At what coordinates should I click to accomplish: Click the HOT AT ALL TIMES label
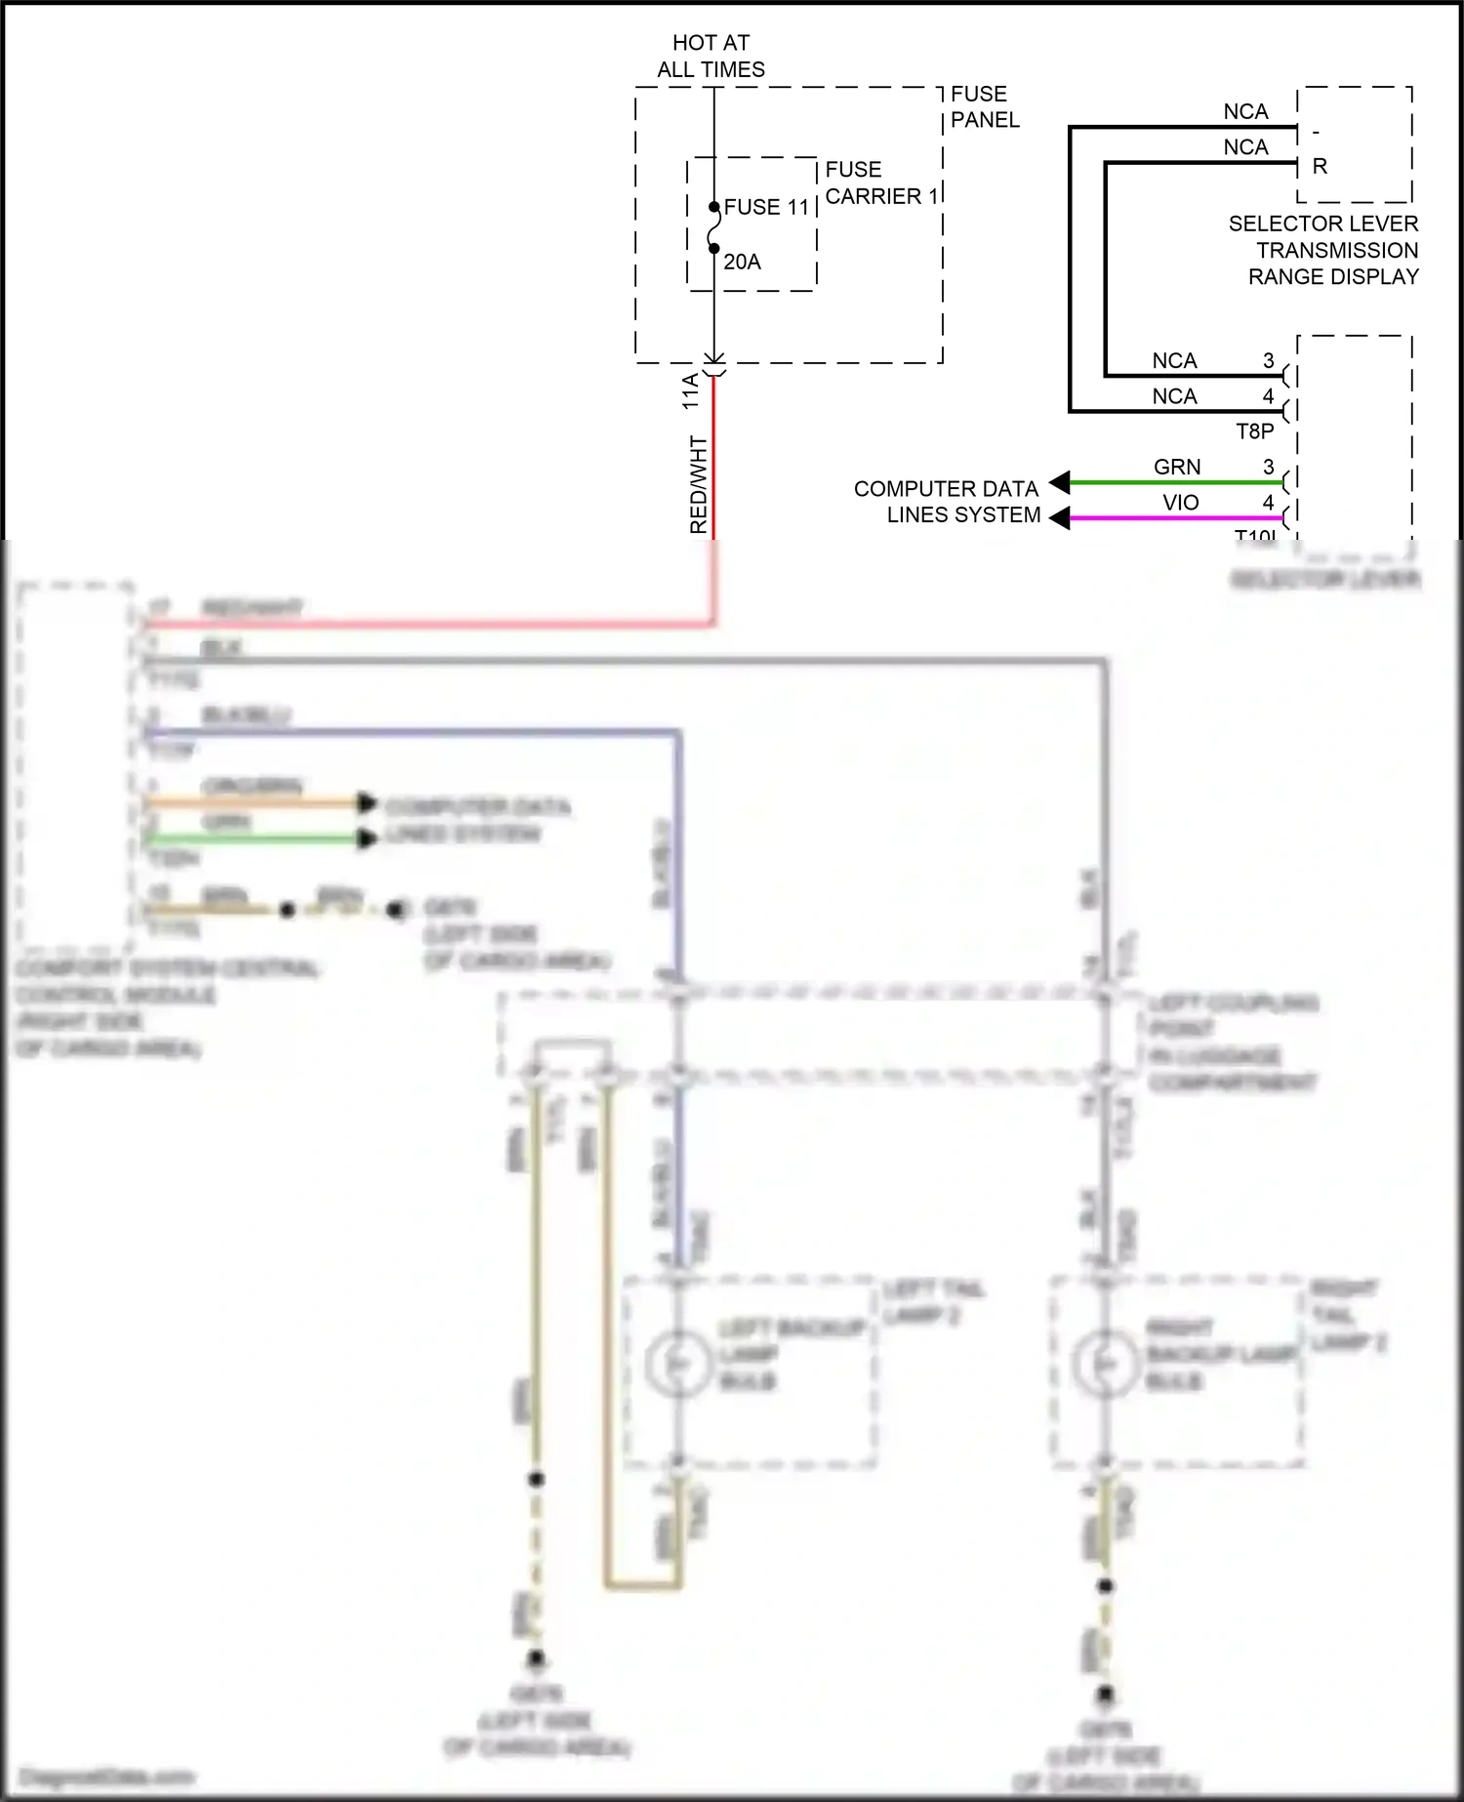(x=711, y=56)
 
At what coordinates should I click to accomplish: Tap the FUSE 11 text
(x=766, y=207)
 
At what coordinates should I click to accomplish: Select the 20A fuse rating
(x=742, y=262)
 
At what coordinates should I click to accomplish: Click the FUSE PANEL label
(x=984, y=106)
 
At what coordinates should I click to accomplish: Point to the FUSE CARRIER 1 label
(x=880, y=183)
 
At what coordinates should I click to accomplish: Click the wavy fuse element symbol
(x=714, y=228)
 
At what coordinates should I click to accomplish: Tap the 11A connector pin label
(x=691, y=390)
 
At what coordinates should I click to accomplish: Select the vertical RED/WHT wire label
(x=698, y=484)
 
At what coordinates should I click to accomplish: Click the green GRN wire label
(x=1177, y=467)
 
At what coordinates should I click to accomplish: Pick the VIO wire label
(x=1180, y=502)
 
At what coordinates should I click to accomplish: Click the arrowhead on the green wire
(x=1060, y=482)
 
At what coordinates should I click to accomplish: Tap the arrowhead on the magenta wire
(x=1060, y=518)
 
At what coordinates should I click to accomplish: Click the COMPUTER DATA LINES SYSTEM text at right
(x=947, y=501)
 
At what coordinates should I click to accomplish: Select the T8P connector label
(x=1254, y=430)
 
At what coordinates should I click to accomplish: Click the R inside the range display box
(x=1320, y=167)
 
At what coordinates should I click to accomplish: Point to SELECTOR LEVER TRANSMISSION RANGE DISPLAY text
(x=1323, y=250)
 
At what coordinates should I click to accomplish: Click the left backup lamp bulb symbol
(x=679, y=1363)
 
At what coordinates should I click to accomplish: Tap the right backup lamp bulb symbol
(x=1105, y=1363)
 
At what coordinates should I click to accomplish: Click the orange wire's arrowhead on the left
(x=367, y=802)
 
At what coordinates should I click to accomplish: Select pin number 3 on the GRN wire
(x=1268, y=467)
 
